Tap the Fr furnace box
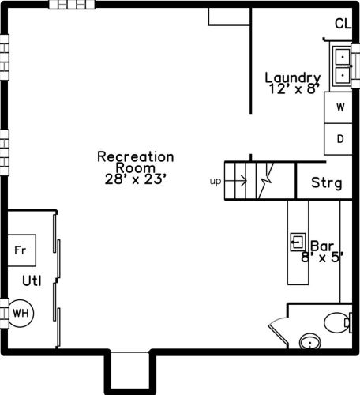(x=21, y=250)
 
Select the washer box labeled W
(x=338, y=107)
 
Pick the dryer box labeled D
(x=338, y=139)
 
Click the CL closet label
(x=343, y=24)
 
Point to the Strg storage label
(x=327, y=183)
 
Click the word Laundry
(x=293, y=78)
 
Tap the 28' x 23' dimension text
(x=136, y=179)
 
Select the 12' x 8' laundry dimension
(x=294, y=89)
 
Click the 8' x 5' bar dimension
(x=323, y=258)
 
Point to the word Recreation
(x=136, y=156)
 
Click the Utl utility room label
(x=32, y=280)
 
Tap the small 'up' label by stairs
(x=216, y=182)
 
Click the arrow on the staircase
(x=236, y=181)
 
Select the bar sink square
(x=298, y=242)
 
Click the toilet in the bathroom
(x=338, y=322)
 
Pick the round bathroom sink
(x=310, y=341)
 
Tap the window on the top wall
(x=72, y=5)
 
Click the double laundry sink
(x=343, y=66)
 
